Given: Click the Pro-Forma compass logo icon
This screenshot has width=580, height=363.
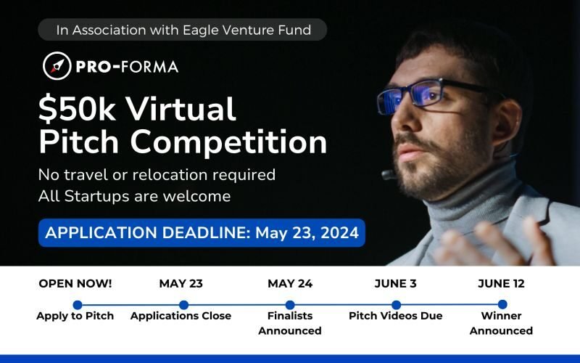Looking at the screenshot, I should coord(56,66).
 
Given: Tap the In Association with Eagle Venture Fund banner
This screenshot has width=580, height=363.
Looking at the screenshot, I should coord(184,30).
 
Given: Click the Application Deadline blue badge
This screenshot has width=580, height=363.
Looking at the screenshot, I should coord(202,233).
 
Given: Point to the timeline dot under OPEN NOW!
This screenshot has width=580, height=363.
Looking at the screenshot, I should coord(78,305).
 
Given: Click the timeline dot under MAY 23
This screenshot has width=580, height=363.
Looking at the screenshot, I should coord(183,305).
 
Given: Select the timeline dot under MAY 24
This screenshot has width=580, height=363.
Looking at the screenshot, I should coord(290,305).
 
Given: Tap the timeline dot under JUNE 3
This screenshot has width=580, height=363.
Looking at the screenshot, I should coord(396,305).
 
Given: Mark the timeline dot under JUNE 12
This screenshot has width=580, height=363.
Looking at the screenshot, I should coord(502,305).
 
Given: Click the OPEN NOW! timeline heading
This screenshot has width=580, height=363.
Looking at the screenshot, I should coord(75,284).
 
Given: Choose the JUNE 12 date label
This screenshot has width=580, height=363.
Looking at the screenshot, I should coord(501,284).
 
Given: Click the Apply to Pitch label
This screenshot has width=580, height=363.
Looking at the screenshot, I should coord(75,316).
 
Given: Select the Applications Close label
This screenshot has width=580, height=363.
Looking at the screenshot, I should coord(181,316).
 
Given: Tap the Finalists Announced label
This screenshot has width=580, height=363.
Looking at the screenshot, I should coord(290,323).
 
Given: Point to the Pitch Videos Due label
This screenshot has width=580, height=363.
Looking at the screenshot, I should coord(396,316).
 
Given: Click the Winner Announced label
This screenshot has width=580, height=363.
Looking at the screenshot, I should coord(501,323).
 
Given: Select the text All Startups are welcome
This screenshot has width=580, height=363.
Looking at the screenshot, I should coord(135,196).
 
